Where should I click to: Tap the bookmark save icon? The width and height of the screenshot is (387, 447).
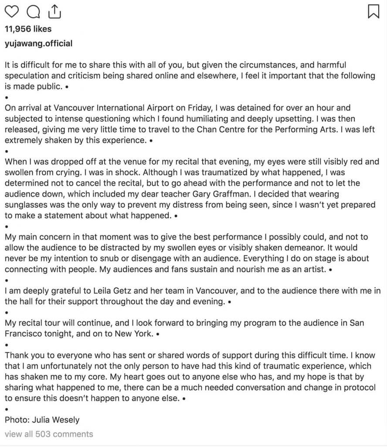373,11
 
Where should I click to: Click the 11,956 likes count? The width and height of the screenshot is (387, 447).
28,29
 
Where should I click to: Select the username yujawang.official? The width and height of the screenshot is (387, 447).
38,44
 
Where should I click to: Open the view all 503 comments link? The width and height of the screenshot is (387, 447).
49,434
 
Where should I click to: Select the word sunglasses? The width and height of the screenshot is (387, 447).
24,205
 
